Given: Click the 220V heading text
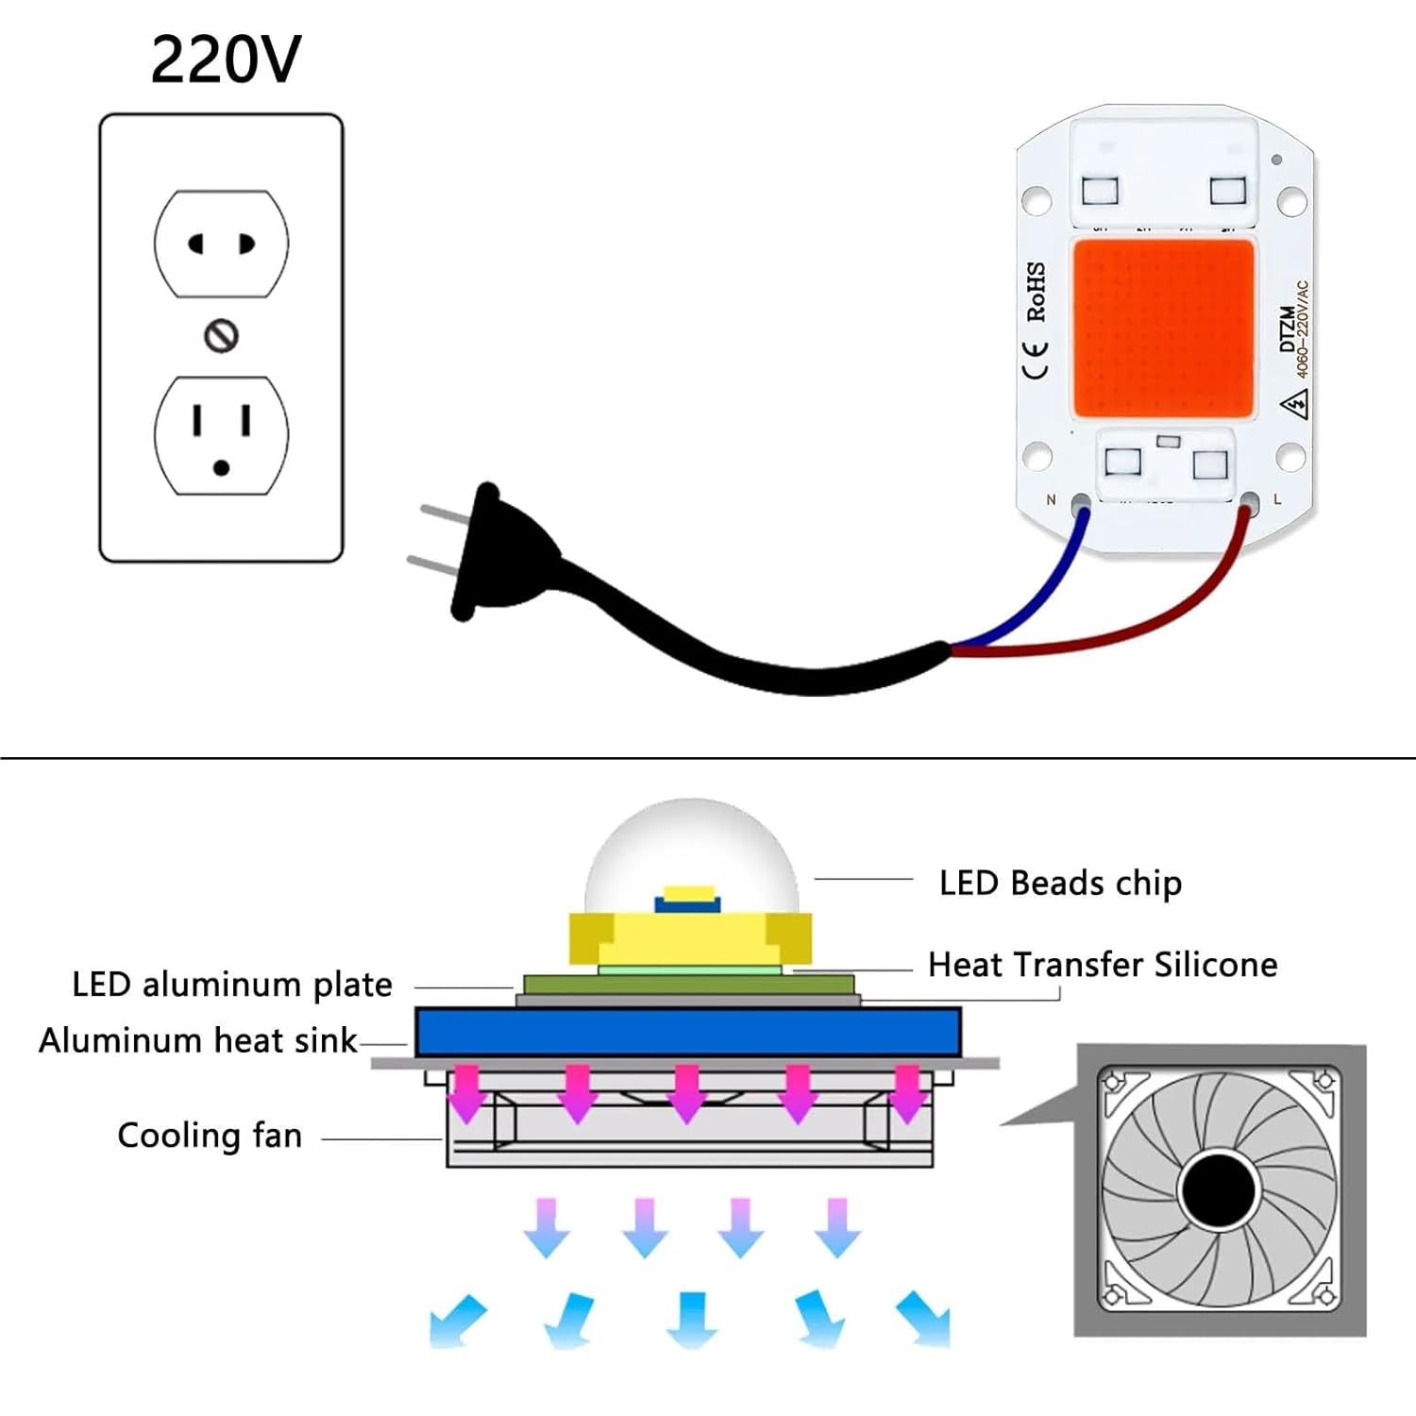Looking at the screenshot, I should tap(226, 59).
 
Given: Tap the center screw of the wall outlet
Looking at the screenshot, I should tap(221, 336).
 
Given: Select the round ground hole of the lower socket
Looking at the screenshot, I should tap(221, 467).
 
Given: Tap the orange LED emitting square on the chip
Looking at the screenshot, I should tap(1163, 329).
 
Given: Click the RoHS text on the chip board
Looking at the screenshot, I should tap(1036, 292).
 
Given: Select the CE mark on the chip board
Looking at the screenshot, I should tap(1036, 360).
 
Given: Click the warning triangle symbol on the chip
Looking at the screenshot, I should tap(1294, 406).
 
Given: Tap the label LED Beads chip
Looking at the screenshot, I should tap(1060, 884).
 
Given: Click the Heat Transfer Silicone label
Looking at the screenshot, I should tap(1103, 965).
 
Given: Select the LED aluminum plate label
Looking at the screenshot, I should tap(232, 985).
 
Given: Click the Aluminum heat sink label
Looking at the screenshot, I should tap(198, 1040).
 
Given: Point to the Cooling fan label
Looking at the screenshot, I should tap(210, 1136).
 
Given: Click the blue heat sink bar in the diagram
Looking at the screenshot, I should tap(688, 1032).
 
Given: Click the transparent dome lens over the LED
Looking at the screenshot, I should tap(692, 845).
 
